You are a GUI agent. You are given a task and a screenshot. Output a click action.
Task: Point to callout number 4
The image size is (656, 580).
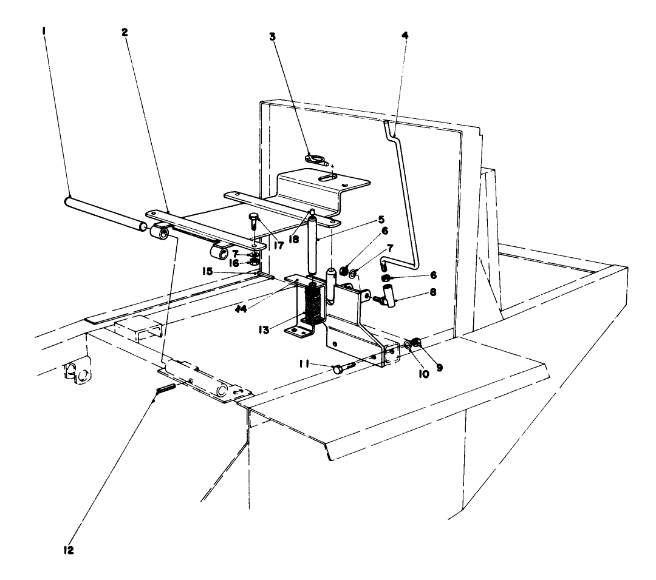coord(405,35)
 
